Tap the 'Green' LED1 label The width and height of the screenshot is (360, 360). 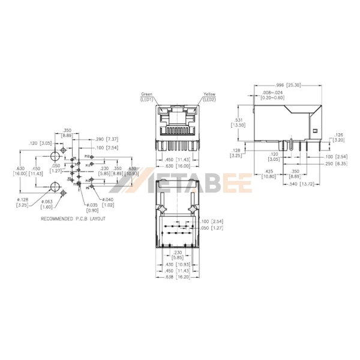[x=146, y=97]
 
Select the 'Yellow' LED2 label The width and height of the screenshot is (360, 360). [x=209, y=97]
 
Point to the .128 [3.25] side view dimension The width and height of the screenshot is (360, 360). [x=236, y=152]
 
